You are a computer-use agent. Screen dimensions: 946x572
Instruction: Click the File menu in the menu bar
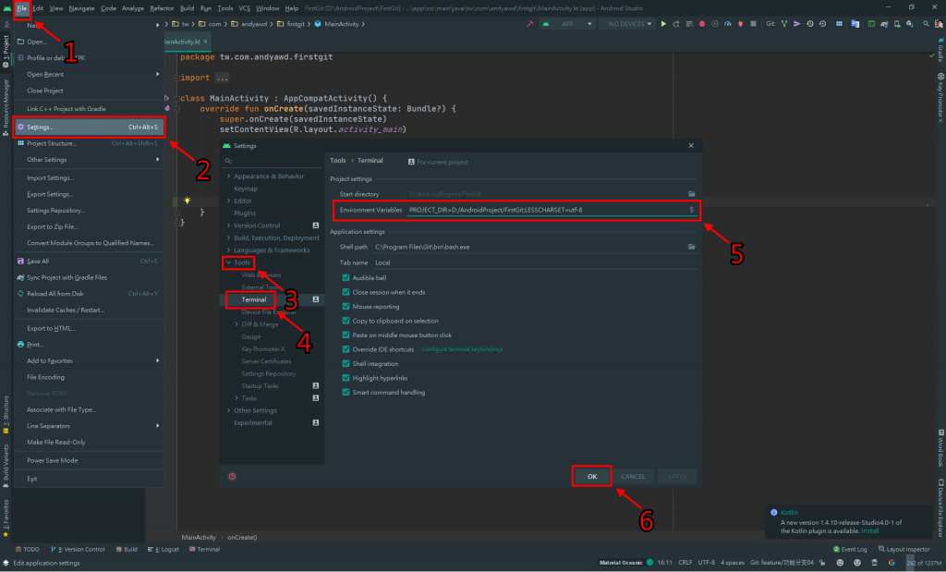(x=21, y=7)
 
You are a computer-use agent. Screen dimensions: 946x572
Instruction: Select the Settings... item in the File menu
(x=41, y=127)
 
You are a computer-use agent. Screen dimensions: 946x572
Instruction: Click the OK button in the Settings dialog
(x=592, y=476)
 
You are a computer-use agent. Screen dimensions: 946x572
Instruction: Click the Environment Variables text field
(x=545, y=210)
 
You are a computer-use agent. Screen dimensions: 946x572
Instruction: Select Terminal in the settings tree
(x=254, y=299)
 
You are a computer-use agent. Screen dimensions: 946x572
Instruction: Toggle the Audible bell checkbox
(x=346, y=277)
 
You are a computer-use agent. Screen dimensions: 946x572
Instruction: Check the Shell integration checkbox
(x=346, y=363)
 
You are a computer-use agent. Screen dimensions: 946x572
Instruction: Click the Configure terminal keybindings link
(x=462, y=349)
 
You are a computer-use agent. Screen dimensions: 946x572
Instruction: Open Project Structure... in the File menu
(x=52, y=143)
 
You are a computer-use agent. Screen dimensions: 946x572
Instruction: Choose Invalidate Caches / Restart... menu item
(x=66, y=310)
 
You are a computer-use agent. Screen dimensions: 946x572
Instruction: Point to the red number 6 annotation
(x=647, y=520)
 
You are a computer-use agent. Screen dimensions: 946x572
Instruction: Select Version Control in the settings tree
(x=257, y=225)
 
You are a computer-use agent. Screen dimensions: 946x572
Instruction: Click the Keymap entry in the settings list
(x=246, y=189)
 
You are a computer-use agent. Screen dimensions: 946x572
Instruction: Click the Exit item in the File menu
(x=32, y=479)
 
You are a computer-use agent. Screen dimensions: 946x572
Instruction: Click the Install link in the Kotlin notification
(x=870, y=531)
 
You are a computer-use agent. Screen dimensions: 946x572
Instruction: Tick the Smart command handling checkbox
(x=346, y=392)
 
